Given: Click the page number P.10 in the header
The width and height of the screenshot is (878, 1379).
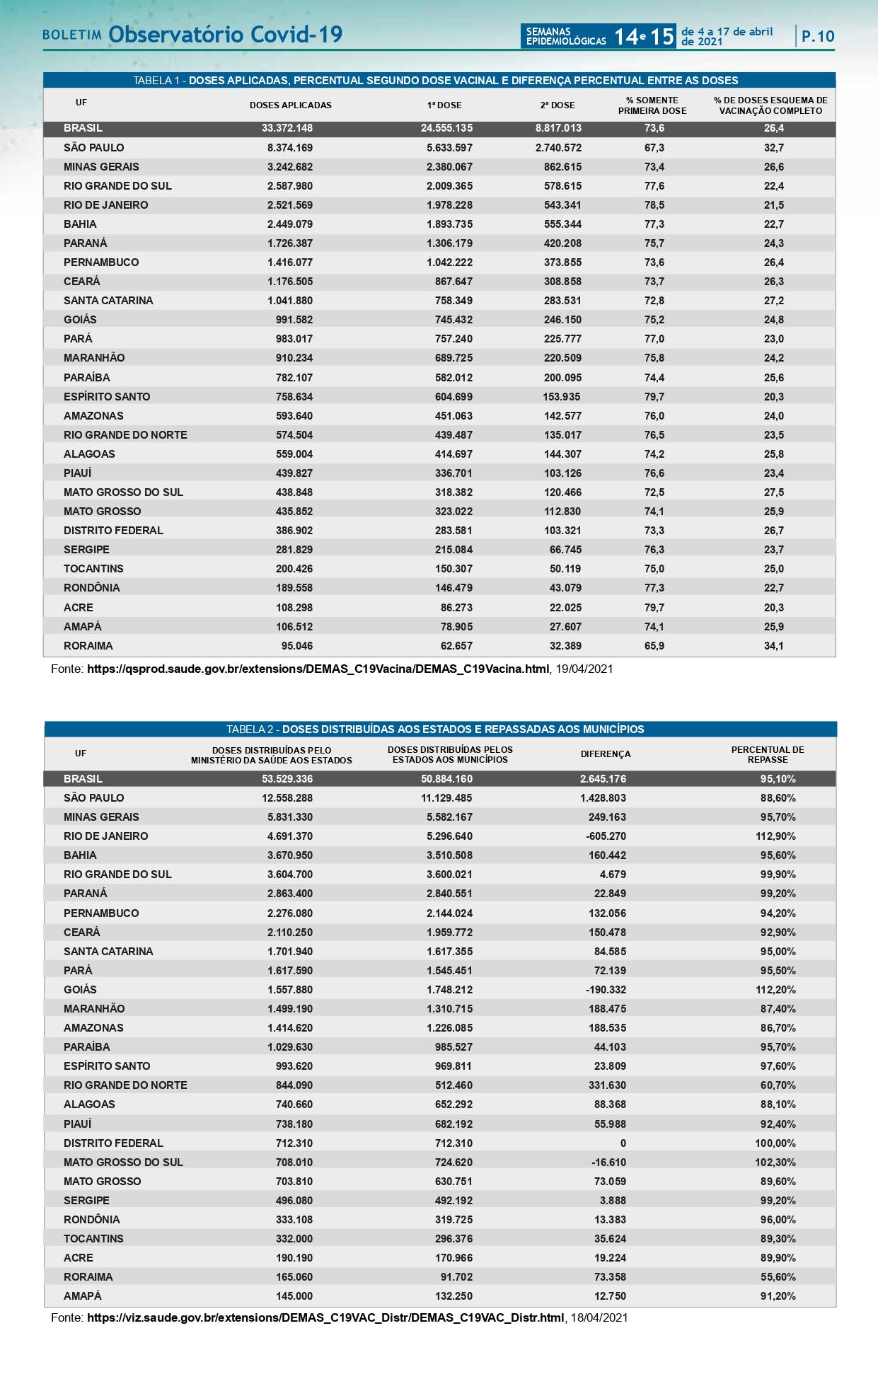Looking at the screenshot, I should [817, 36].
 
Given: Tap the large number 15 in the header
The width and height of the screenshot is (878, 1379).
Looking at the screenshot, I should [662, 37].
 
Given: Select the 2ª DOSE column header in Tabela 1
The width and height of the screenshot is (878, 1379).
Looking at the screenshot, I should [558, 105].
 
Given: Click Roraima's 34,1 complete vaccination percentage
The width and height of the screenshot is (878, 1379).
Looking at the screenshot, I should [773, 646].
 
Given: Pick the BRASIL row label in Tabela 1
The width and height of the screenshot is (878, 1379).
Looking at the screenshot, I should [83, 128].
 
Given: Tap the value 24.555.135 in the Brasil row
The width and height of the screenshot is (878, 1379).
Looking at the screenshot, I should [446, 128].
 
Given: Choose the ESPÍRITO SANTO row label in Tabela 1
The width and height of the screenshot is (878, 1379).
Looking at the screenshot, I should [107, 397].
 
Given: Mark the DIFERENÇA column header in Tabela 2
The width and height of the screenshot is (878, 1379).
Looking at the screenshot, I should [606, 754].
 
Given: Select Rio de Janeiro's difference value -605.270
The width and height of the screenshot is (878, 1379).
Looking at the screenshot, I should [606, 836].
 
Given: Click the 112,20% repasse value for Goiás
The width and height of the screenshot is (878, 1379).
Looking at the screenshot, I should [775, 990].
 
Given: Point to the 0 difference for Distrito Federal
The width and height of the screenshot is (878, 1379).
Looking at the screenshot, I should [623, 1143].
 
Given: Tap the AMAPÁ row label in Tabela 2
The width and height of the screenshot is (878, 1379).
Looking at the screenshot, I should [83, 1296].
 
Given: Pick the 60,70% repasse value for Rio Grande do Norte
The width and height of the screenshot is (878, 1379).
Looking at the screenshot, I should [778, 1085].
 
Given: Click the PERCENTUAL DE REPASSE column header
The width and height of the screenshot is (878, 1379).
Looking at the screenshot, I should [768, 755].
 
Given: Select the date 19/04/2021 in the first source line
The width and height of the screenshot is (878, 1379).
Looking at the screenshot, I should [584, 669].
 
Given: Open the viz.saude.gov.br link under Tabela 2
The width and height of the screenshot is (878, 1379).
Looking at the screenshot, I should [325, 1317].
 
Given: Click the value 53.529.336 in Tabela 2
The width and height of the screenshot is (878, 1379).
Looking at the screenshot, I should [287, 779].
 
